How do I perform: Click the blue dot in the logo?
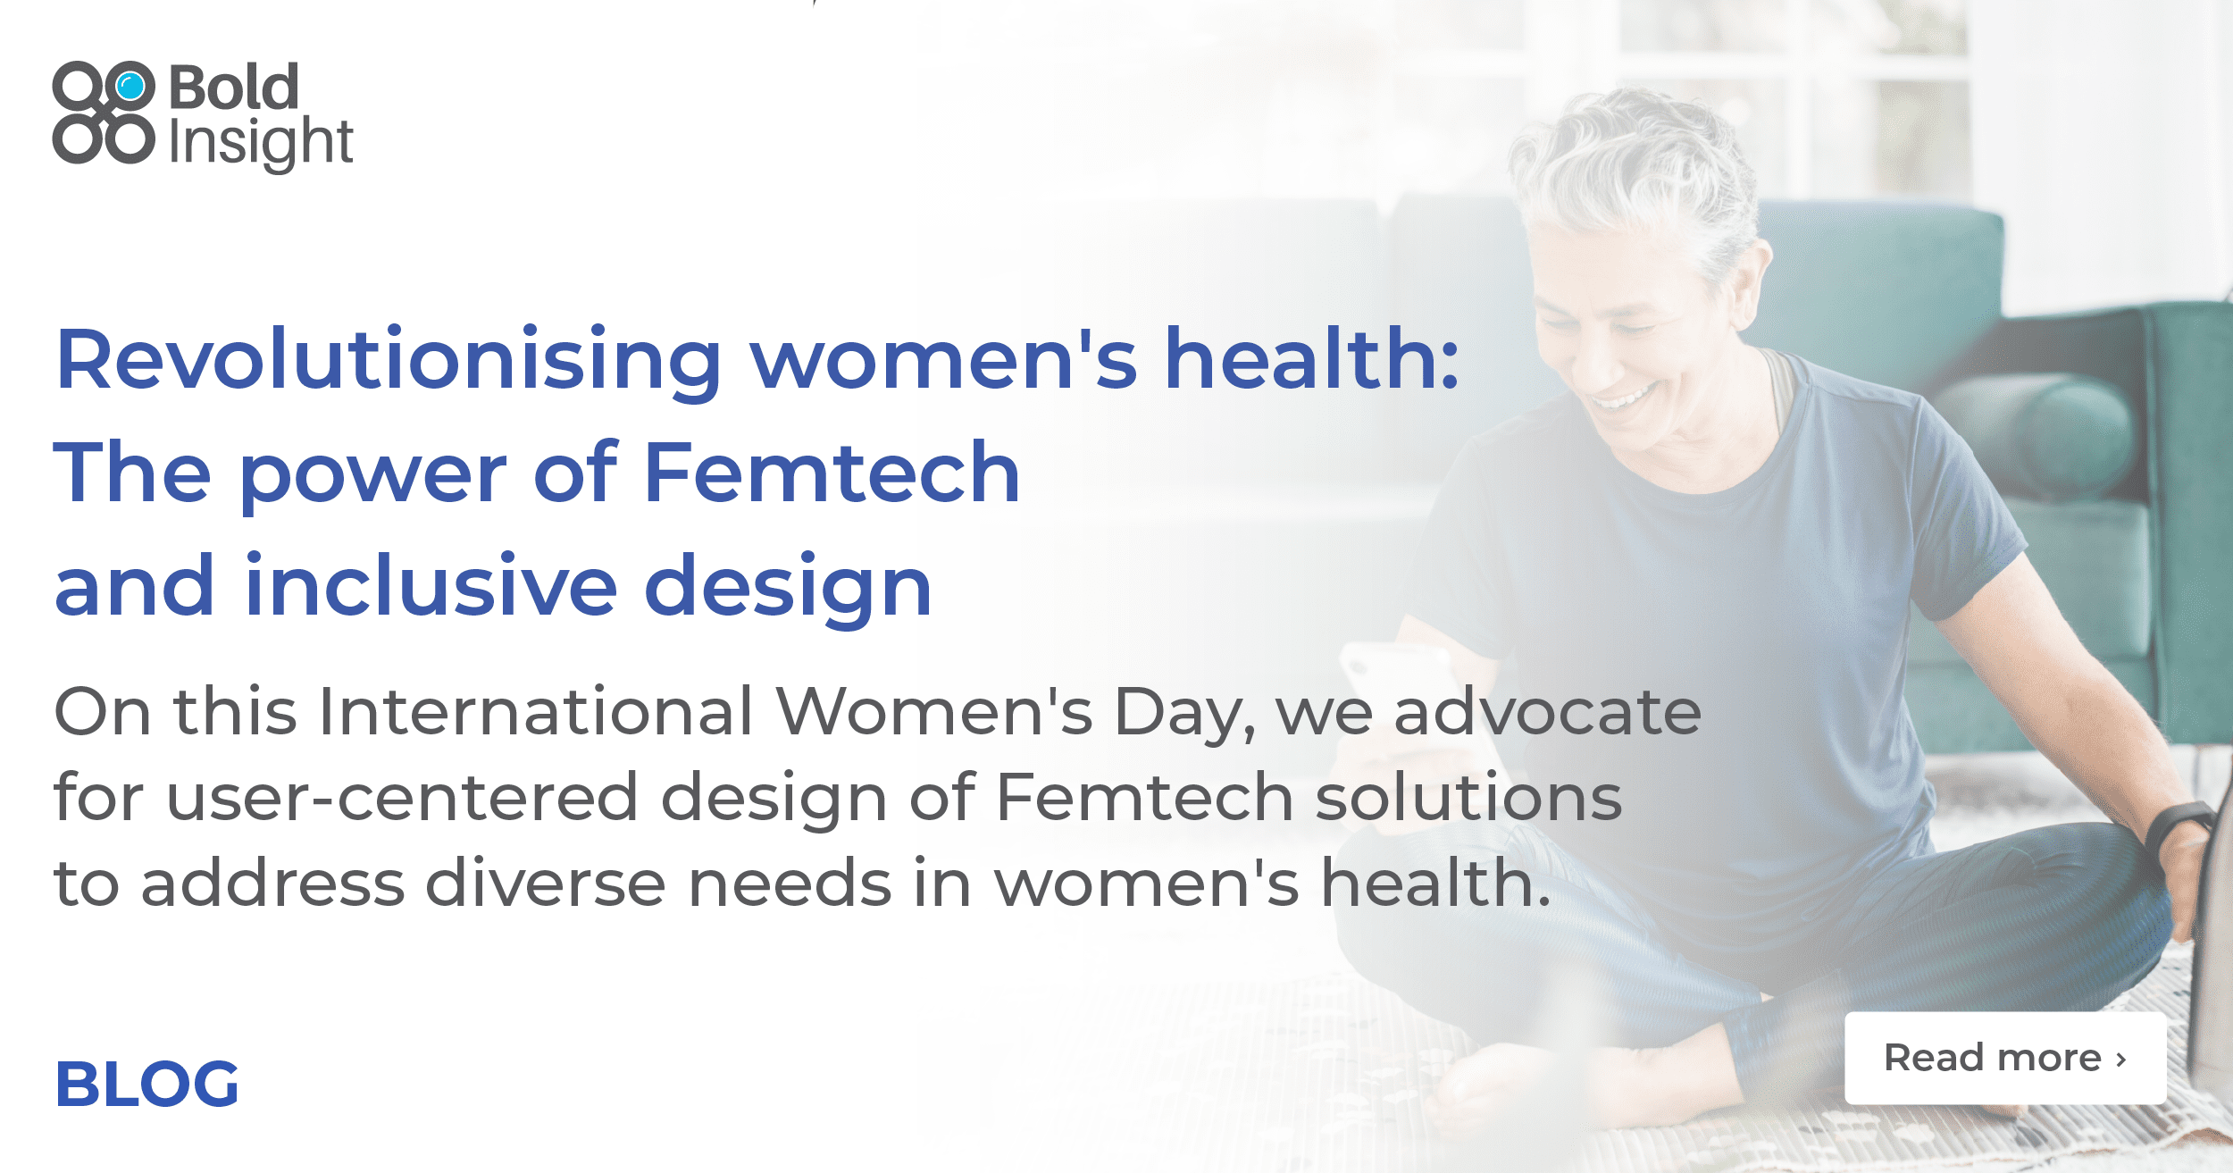(x=130, y=87)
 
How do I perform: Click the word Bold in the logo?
(x=234, y=88)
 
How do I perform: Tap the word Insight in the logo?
(x=261, y=143)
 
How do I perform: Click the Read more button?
(x=2004, y=1058)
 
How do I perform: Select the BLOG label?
(x=147, y=1085)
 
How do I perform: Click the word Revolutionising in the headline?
(x=389, y=360)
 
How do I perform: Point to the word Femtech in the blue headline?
(x=831, y=473)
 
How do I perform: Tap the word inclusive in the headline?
(x=431, y=587)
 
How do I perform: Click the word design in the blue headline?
(x=788, y=587)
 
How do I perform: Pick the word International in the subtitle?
(x=536, y=712)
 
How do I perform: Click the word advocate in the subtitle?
(x=1547, y=712)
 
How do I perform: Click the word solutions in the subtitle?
(x=1468, y=798)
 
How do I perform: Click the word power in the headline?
(x=372, y=473)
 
